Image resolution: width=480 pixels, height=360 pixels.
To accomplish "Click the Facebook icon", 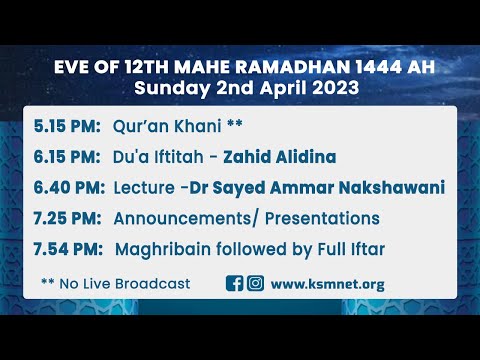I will (x=235, y=283).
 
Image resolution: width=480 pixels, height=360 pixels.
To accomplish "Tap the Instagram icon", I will (x=255, y=283).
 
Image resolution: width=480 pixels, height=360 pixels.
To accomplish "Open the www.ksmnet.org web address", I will (x=327, y=284).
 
